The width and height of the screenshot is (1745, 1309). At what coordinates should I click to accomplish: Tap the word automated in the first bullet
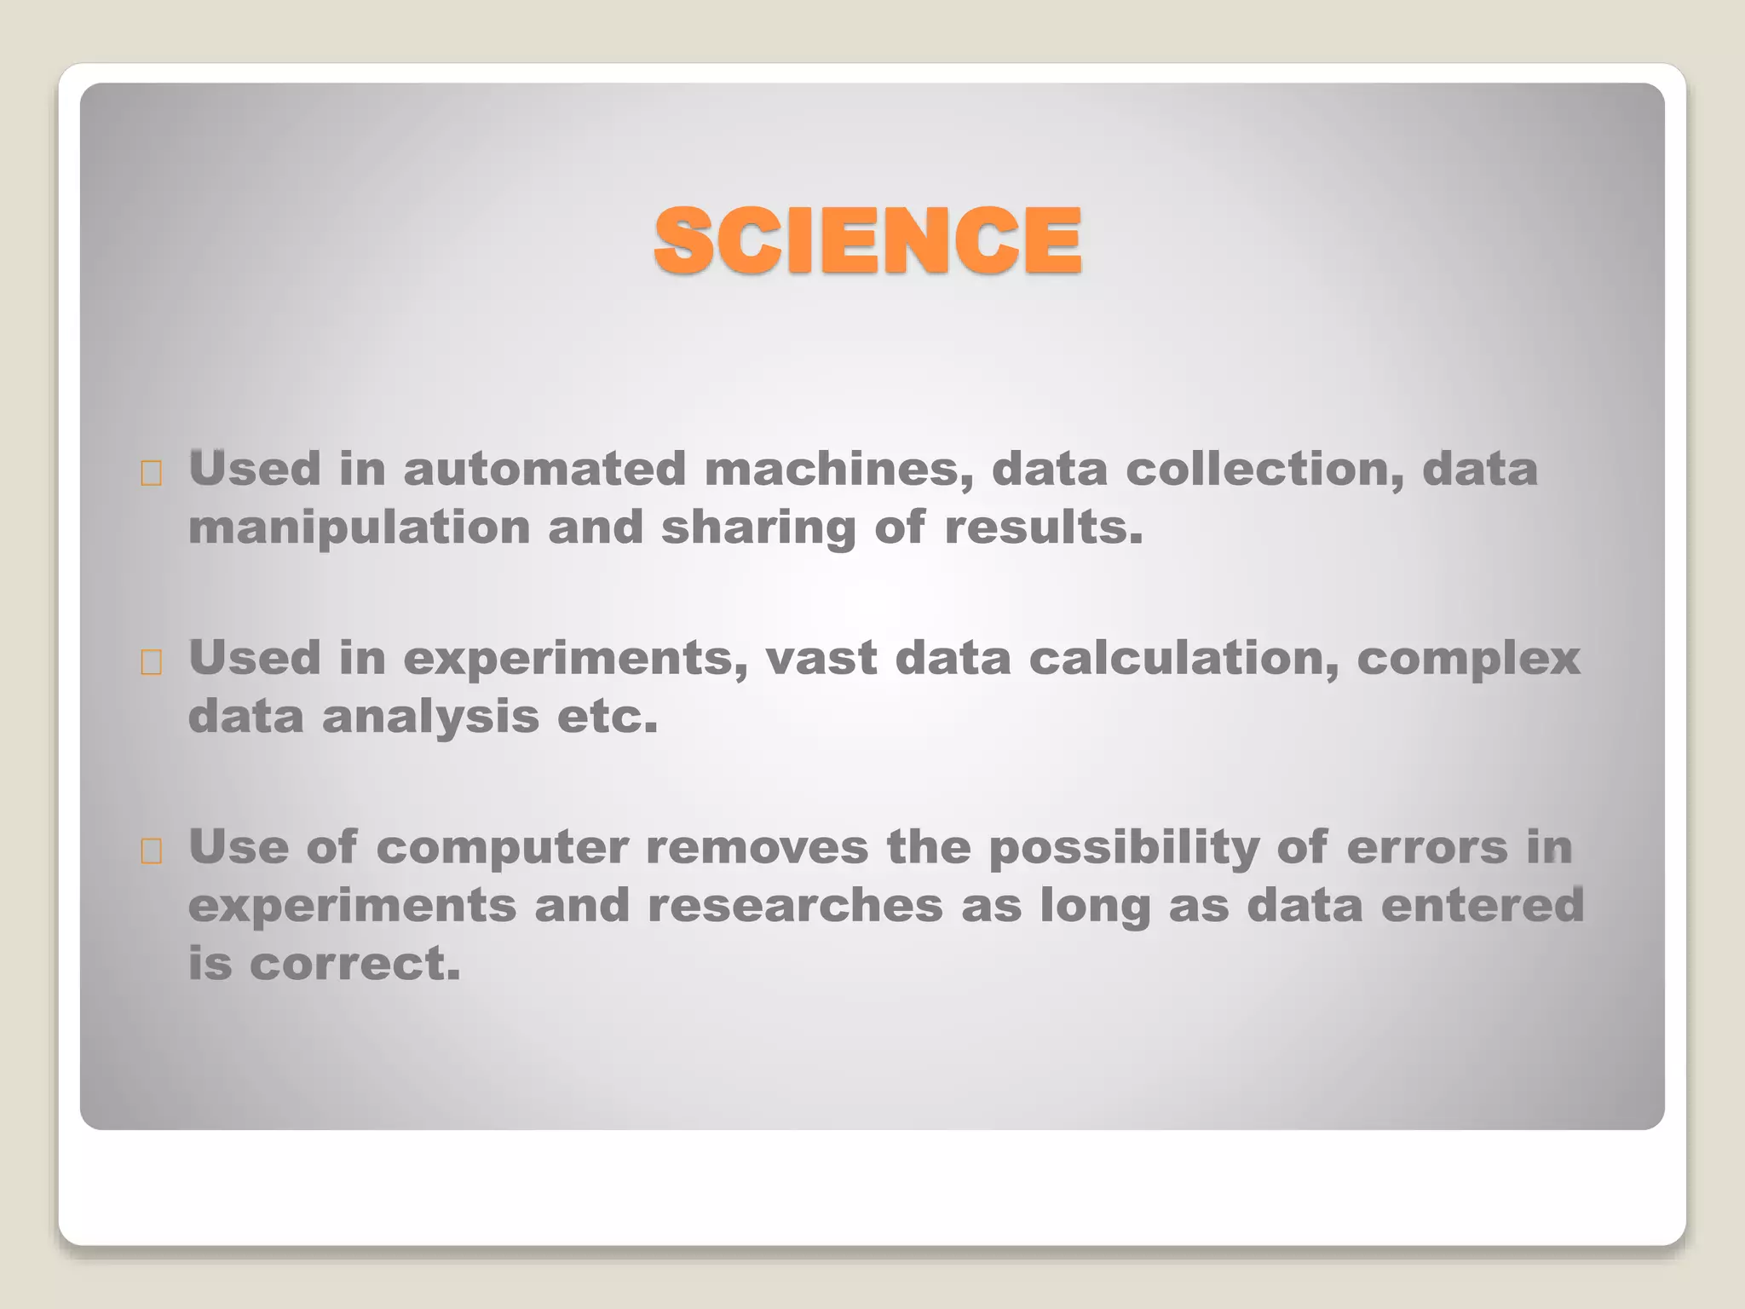click(x=544, y=470)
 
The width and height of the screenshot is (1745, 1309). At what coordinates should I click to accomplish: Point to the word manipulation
click(x=359, y=528)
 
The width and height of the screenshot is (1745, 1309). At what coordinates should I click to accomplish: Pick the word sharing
click(x=758, y=528)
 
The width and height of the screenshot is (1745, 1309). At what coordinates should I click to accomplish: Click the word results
click(x=1043, y=528)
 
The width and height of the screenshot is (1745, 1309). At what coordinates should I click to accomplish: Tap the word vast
click(x=821, y=659)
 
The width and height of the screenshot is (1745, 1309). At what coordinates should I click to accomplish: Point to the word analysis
click(x=430, y=718)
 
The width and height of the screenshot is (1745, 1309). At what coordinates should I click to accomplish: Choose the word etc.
click(x=608, y=718)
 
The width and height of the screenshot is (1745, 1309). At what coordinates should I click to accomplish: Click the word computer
click(x=502, y=849)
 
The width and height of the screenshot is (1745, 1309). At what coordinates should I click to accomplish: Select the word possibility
click(x=1123, y=849)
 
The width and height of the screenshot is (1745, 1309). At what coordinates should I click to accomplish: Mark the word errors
click(x=1427, y=848)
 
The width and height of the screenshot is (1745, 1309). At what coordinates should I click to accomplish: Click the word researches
click(x=795, y=906)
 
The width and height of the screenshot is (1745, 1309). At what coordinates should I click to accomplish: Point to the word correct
click(x=354, y=965)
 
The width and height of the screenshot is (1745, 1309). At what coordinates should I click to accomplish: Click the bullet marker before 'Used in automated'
click(x=152, y=473)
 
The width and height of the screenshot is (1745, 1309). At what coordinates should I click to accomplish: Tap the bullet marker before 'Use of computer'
click(x=152, y=851)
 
